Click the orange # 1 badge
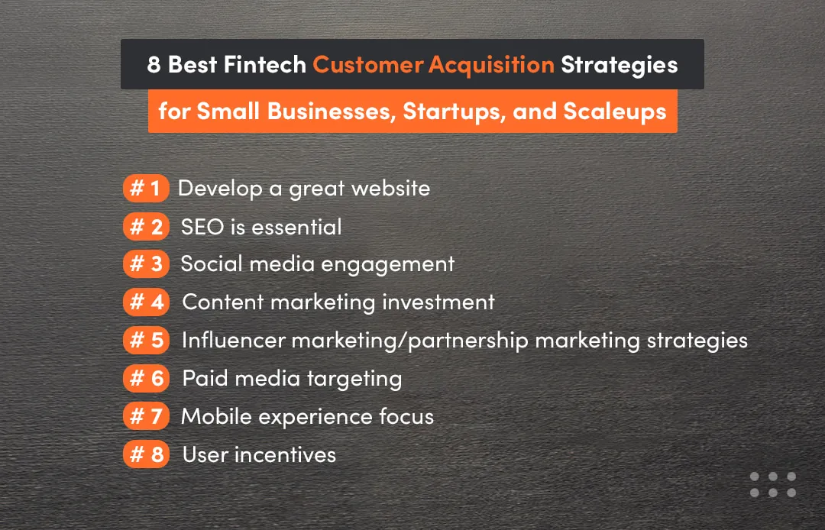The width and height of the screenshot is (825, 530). click(x=145, y=188)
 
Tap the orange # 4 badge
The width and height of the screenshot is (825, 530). click(x=145, y=302)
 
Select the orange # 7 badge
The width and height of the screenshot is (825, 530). click(x=145, y=416)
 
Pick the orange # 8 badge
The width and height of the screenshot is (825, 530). click(x=145, y=454)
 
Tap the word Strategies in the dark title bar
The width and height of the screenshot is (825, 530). click(x=619, y=65)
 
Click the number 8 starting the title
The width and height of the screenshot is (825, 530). click(x=154, y=65)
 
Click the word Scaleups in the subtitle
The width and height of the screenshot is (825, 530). click(x=615, y=111)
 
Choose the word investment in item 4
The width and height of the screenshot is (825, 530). click(x=438, y=302)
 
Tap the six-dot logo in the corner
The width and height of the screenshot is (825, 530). click(x=772, y=484)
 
